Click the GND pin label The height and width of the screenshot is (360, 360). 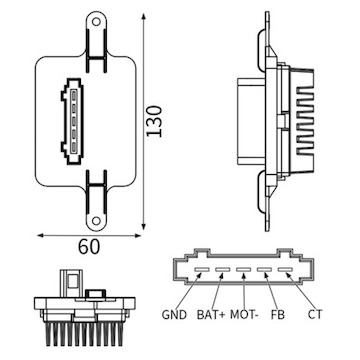[174, 315]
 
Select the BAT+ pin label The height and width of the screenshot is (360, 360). [211, 315]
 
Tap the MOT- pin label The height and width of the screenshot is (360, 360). [244, 315]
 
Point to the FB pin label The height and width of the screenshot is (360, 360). [278, 315]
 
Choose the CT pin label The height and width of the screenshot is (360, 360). [315, 315]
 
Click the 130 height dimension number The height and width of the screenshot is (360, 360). [155, 121]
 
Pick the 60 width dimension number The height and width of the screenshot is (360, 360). [89, 247]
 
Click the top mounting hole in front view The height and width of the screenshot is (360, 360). [96, 22]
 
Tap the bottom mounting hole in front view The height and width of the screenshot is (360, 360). [96, 221]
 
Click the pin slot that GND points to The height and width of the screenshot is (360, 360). [202, 269]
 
